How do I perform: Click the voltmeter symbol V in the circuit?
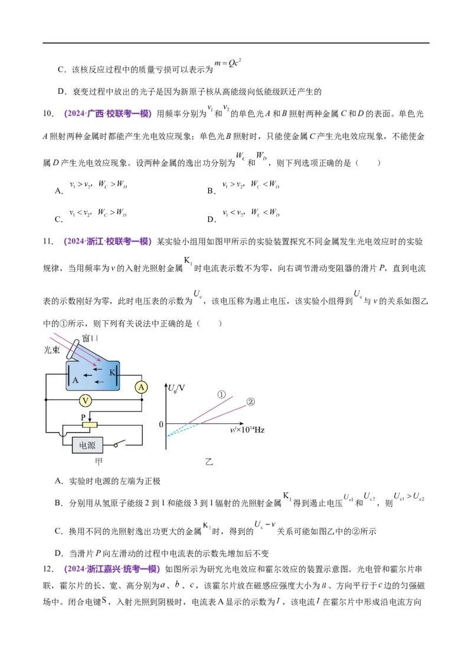(86, 401)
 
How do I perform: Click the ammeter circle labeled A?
(141, 388)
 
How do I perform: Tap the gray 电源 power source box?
(87, 446)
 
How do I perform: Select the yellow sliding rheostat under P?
(90, 425)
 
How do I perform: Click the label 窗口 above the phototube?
(90, 338)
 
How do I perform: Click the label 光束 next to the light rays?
(52, 350)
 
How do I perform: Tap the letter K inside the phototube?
(113, 372)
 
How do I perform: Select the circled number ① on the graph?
(221, 395)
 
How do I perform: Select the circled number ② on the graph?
(251, 401)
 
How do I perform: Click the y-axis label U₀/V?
(176, 388)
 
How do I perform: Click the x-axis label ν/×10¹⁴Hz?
(247, 430)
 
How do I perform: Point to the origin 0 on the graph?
(161, 424)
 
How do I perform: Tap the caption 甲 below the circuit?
(99, 461)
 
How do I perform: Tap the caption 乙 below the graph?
(209, 462)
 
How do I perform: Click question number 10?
(48, 114)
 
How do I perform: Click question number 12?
(48, 569)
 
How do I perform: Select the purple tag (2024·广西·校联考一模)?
(108, 113)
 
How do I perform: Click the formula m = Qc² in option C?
(228, 63)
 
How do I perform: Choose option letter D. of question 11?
(59, 554)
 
